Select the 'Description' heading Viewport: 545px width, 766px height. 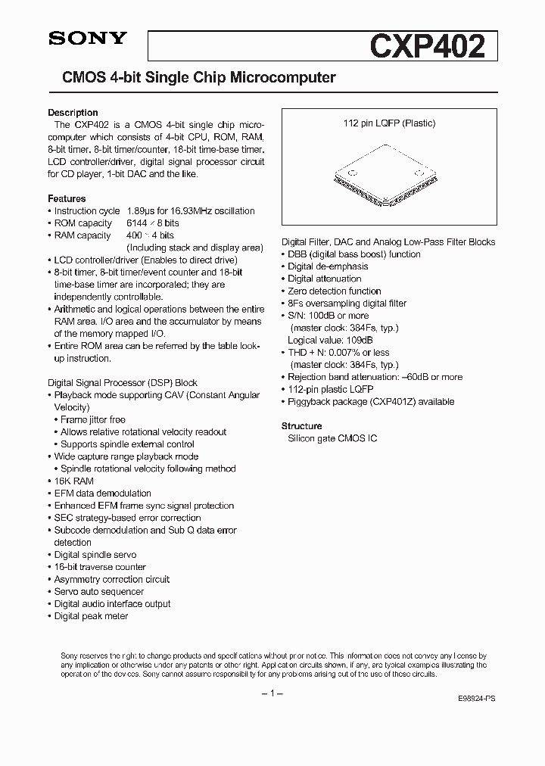73,113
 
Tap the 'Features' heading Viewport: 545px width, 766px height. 67,199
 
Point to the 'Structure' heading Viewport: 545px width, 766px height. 301,426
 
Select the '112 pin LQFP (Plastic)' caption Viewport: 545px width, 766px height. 389,123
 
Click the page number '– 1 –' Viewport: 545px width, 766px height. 272,694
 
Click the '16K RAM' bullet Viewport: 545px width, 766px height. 73,481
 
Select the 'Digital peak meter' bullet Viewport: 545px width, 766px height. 91,616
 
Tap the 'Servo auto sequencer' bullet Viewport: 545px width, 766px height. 98,592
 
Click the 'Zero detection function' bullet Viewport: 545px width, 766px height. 334,291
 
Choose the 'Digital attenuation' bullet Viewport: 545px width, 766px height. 325,279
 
